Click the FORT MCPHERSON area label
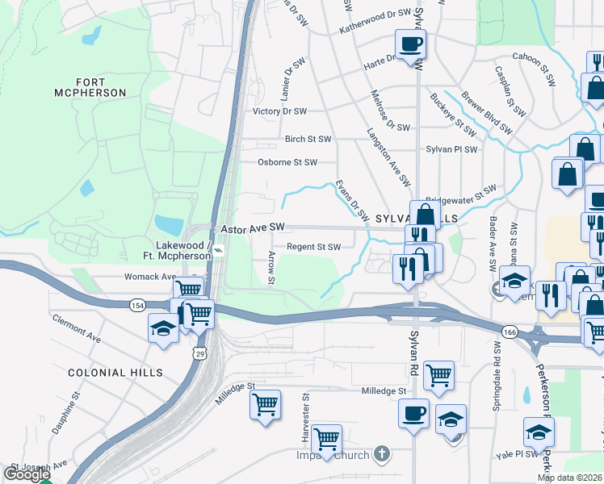coord(101,87)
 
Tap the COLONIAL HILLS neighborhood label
coord(115,373)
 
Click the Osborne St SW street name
coord(286,162)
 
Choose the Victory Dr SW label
coord(279,111)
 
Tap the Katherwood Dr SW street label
coord(375,14)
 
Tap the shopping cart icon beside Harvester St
coord(326,439)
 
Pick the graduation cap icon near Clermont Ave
coord(163,328)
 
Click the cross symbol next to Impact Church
coord(383,454)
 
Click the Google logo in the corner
coord(27,474)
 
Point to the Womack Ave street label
coord(149,277)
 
